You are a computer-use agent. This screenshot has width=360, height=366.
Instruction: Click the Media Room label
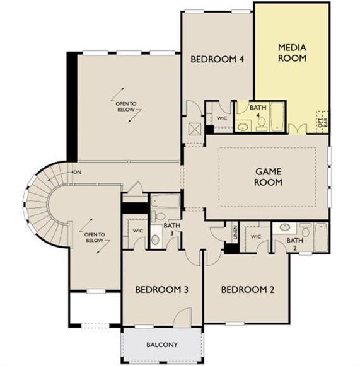[292, 53]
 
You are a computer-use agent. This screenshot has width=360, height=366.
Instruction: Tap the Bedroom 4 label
[218, 59]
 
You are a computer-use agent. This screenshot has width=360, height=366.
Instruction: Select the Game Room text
[268, 177]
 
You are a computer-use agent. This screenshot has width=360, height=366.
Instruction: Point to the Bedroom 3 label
[161, 290]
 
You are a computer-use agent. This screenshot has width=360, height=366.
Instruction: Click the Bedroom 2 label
[248, 290]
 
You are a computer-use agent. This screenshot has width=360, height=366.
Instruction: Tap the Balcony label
[162, 345]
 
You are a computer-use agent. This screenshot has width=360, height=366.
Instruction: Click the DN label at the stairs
[78, 172]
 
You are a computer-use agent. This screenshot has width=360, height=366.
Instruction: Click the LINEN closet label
[235, 232]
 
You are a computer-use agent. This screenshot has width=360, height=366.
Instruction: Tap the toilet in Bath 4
[261, 123]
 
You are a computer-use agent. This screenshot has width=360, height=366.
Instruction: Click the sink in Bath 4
[243, 127]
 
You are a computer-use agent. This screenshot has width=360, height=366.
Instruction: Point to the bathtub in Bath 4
[277, 117]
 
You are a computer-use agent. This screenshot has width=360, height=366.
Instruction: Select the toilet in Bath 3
[158, 216]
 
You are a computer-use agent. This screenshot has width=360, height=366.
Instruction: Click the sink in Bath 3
[156, 239]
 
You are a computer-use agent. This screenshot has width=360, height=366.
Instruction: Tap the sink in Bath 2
[285, 227]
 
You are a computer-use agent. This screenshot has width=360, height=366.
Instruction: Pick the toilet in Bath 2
[305, 229]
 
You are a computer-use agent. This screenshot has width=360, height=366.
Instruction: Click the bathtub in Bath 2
[321, 237]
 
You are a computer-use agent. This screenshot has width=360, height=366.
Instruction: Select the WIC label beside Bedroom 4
[222, 118]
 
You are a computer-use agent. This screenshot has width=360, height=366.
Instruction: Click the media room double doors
[298, 129]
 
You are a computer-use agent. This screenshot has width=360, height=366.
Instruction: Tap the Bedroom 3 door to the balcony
[182, 316]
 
